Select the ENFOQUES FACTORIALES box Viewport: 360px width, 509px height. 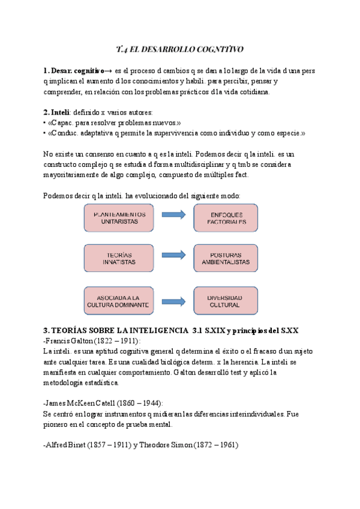[x=225, y=218]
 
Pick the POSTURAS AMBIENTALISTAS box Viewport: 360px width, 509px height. [x=225, y=258]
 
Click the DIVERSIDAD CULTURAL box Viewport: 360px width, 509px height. [x=225, y=301]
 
